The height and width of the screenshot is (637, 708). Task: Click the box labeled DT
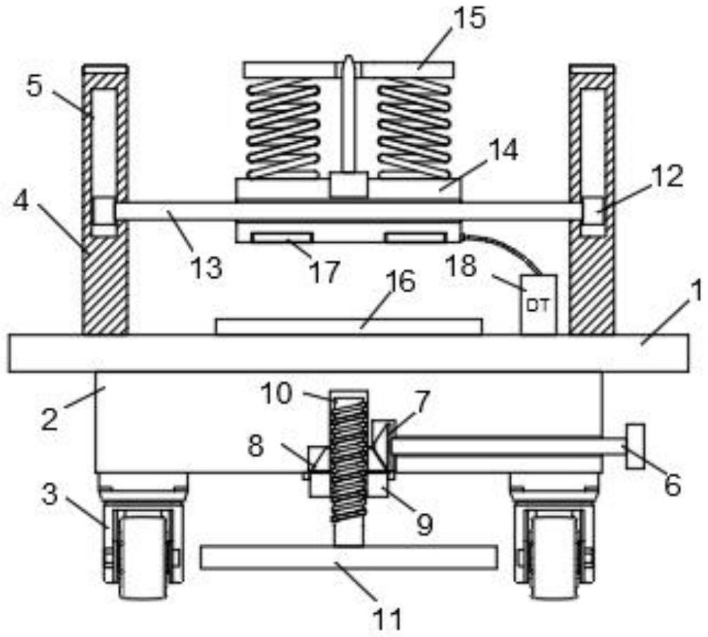pos(538,304)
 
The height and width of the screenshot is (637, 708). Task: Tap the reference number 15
pos(469,19)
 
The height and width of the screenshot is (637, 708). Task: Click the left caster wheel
pos(142,554)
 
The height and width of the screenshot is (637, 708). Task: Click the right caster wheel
pos(554,554)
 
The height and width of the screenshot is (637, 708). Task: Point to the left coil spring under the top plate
pos(283,128)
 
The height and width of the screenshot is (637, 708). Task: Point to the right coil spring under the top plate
pos(414,128)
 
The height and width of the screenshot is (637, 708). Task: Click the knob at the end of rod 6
pos(634,446)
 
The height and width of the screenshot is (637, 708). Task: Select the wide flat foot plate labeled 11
pos(349,557)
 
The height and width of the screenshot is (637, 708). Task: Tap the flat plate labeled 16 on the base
pos(349,326)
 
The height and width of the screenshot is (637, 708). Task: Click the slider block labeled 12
pos(592,211)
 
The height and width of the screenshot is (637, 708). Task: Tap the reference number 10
pos(278,394)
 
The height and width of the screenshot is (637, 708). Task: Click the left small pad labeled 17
pos(283,238)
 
